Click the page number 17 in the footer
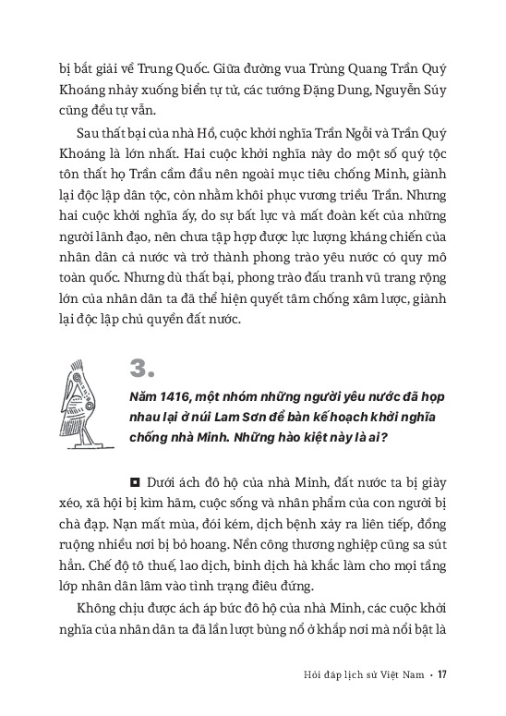click(442, 673)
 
